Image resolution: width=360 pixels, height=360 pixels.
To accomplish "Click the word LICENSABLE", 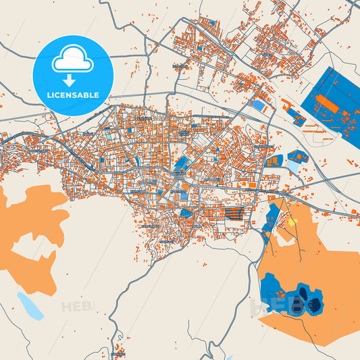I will click(x=72, y=95).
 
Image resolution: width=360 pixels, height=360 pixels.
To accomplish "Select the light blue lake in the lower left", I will click(x=31, y=306).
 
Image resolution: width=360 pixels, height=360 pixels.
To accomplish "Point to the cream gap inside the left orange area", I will click(x=30, y=260).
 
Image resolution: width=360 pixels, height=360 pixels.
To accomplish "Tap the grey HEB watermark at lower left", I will click(x=76, y=307).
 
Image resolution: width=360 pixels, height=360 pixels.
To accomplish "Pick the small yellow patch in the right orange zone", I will click(x=293, y=221).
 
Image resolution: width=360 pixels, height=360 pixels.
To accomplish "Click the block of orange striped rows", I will click(x=234, y=213).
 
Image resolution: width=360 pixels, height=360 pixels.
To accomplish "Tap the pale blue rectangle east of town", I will click(x=293, y=166).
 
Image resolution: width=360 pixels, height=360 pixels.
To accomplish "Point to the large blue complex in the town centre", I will click(x=181, y=164).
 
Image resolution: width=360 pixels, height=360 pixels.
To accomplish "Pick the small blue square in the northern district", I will click(x=213, y=22).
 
